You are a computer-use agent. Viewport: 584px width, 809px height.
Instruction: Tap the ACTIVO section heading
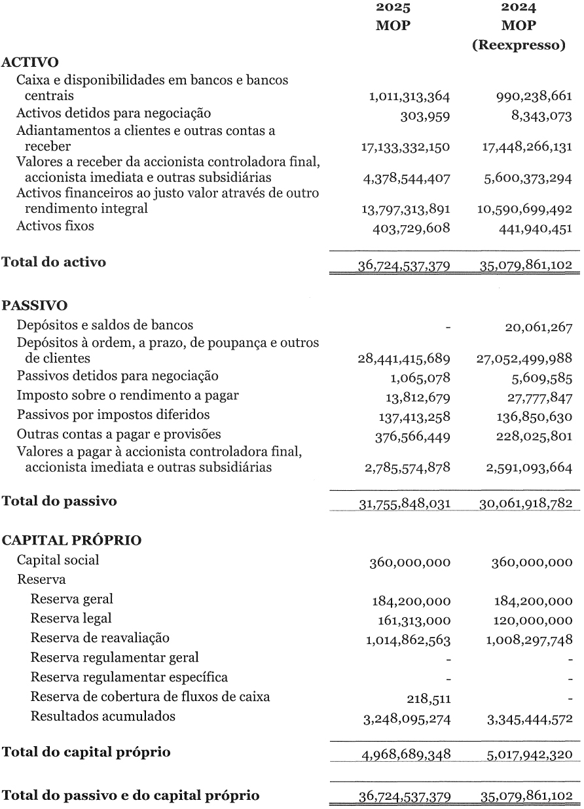pyautogui.click(x=31, y=62)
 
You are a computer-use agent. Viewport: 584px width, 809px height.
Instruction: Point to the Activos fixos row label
pyautogui.click(x=55, y=226)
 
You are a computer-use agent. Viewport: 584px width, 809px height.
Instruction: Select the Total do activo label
pyautogui.click(x=54, y=262)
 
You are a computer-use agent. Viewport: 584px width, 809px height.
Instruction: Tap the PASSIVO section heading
pyautogui.click(x=35, y=305)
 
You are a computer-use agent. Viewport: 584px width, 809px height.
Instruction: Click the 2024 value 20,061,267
pyautogui.click(x=538, y=328)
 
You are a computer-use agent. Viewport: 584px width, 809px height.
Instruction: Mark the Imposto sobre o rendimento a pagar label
pyautogui.click(x=127, y=395)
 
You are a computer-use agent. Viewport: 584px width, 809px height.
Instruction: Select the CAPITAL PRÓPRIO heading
pyautogui.click(x=73, y=541)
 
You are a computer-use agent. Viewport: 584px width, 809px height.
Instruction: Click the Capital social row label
pyautogui.click(x=58, y=560)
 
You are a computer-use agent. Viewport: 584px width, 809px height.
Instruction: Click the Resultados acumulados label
pyautogui.click(x=103, y=716)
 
